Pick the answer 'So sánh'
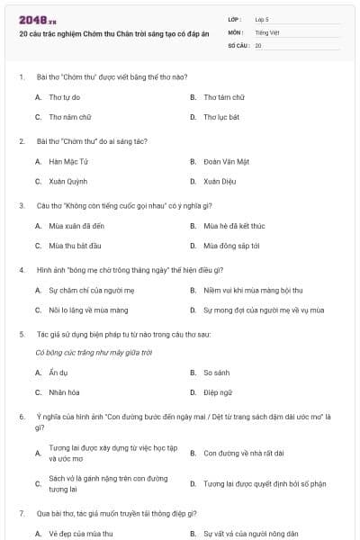coord(217,373)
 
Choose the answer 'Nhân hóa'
coord(63,392)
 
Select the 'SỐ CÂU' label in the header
coord(238,44)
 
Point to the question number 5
coord(21,333)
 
